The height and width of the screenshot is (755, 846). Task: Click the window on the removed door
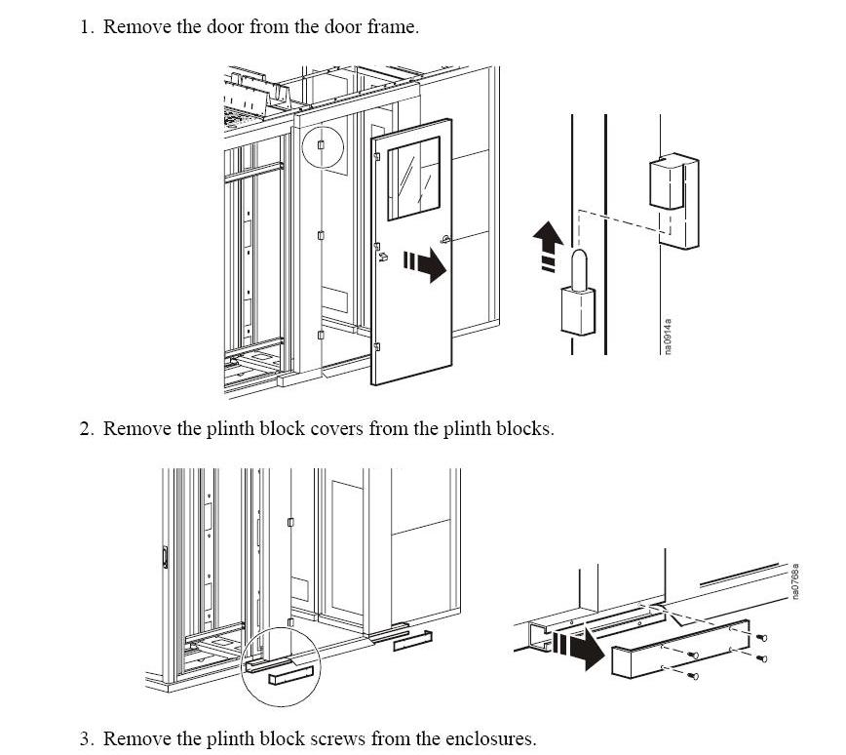[414, 178]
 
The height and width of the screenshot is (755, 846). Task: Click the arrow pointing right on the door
[425, 264]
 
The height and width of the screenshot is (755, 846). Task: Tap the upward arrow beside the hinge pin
[548, 245]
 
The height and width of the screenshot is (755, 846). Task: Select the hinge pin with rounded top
[578, 292]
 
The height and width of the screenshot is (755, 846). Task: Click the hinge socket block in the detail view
[673, 202]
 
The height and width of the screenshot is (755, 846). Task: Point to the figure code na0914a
[668, 336]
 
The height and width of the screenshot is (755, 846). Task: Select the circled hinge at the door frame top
[321, 144]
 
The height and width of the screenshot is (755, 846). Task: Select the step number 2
[87, 429]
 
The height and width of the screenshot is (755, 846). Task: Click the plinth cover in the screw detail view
[681, 650]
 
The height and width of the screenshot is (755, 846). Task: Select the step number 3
[87, 738]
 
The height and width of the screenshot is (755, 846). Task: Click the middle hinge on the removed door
[377, 247]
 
